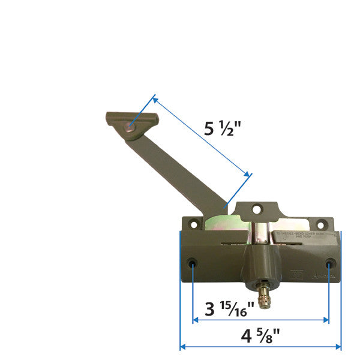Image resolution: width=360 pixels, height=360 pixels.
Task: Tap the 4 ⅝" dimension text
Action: pyautogui.click(x=261, y=336)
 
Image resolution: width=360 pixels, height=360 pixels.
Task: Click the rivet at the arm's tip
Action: pyautogui.click(x=129, y=127)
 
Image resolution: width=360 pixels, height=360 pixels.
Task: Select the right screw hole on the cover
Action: pyautogui.click(x=329, y=264)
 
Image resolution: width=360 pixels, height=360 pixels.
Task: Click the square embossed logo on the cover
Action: pyautogui.click(x=294, y=276)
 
